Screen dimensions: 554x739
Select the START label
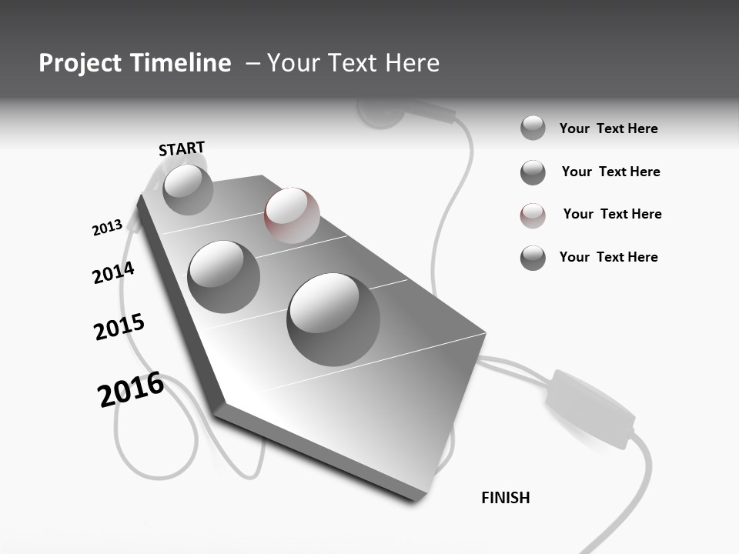click(182, 149)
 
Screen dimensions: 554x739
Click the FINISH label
click(505, 498)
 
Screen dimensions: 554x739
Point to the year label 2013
click(107, 228)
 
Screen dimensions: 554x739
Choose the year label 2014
click(113, 272)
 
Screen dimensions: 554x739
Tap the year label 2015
click(119, 327)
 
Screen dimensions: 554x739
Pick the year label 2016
click(131, 389)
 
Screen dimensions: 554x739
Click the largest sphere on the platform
click(333, 319)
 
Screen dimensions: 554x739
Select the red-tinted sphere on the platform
click(292, 215)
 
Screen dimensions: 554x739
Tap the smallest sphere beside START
click(188, 189)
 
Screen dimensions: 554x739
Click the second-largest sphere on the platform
click(223, 276)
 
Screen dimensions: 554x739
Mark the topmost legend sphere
click(533, 128)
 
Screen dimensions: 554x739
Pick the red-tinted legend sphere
click(533, 215)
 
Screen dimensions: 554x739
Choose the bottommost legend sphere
click(533, 258)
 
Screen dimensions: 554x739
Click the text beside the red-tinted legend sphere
click(612, 214)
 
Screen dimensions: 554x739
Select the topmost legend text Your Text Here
click(608, 128)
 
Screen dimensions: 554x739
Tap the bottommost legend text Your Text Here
click(608, 257)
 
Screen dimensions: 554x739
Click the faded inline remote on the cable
click(590, 408)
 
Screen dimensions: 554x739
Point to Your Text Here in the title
click(353, 63)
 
